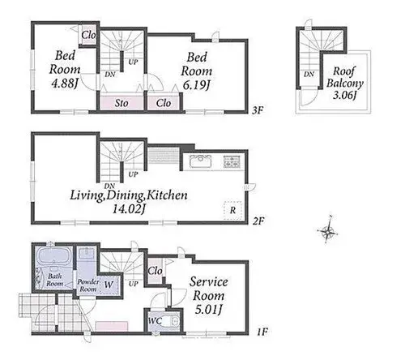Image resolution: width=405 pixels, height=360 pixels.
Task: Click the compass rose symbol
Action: tap(327, 230)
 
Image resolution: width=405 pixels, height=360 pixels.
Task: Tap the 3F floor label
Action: tap(258, 110)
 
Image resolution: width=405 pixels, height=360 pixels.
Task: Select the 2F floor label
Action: tap(258, 221)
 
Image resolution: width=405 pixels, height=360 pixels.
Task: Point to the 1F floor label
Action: tap(262, 332)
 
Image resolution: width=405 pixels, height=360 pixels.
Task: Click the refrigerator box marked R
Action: tap(232, 210)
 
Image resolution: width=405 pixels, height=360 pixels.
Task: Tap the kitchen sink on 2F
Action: tap(200, 161)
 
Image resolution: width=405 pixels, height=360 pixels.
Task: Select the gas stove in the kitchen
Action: tap(231, 162)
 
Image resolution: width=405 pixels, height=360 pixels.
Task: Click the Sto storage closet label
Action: tap(122, 103)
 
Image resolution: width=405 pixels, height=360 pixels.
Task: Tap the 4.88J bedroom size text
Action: tap(65, 84)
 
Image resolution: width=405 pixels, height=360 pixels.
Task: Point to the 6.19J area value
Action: tap(197, 85)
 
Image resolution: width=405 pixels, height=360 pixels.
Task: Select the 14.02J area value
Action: tap(129, 209)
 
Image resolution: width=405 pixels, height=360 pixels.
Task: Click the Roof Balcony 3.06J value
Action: tap(345, 95)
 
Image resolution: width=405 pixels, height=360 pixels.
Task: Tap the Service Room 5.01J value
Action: tap(208, 310)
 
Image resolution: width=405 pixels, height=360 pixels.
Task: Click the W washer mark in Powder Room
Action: tap(109, 285)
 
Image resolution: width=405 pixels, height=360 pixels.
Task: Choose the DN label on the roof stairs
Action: tap(309, 74)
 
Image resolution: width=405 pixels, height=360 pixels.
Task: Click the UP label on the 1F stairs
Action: tap(134, 284)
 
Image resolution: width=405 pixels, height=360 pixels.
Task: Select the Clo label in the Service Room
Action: tap(156, 271)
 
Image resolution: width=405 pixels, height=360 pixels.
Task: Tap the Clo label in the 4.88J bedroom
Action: tap(89, 35)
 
